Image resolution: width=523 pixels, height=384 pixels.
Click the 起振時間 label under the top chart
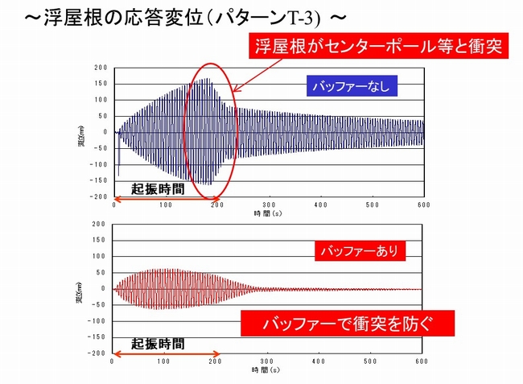159,187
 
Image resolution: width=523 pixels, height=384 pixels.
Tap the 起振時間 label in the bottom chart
158,342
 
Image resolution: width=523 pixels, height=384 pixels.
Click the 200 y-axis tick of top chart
101,68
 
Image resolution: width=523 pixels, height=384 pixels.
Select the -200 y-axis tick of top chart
99,196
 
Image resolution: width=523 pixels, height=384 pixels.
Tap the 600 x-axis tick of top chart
423,204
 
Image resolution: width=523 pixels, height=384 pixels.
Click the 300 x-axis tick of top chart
269,204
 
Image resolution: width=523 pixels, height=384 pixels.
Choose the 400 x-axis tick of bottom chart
319,361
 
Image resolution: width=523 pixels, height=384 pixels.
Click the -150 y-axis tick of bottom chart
99,337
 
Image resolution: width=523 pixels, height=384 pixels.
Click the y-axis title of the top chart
83,132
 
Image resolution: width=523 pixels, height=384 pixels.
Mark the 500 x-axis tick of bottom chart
371,361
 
